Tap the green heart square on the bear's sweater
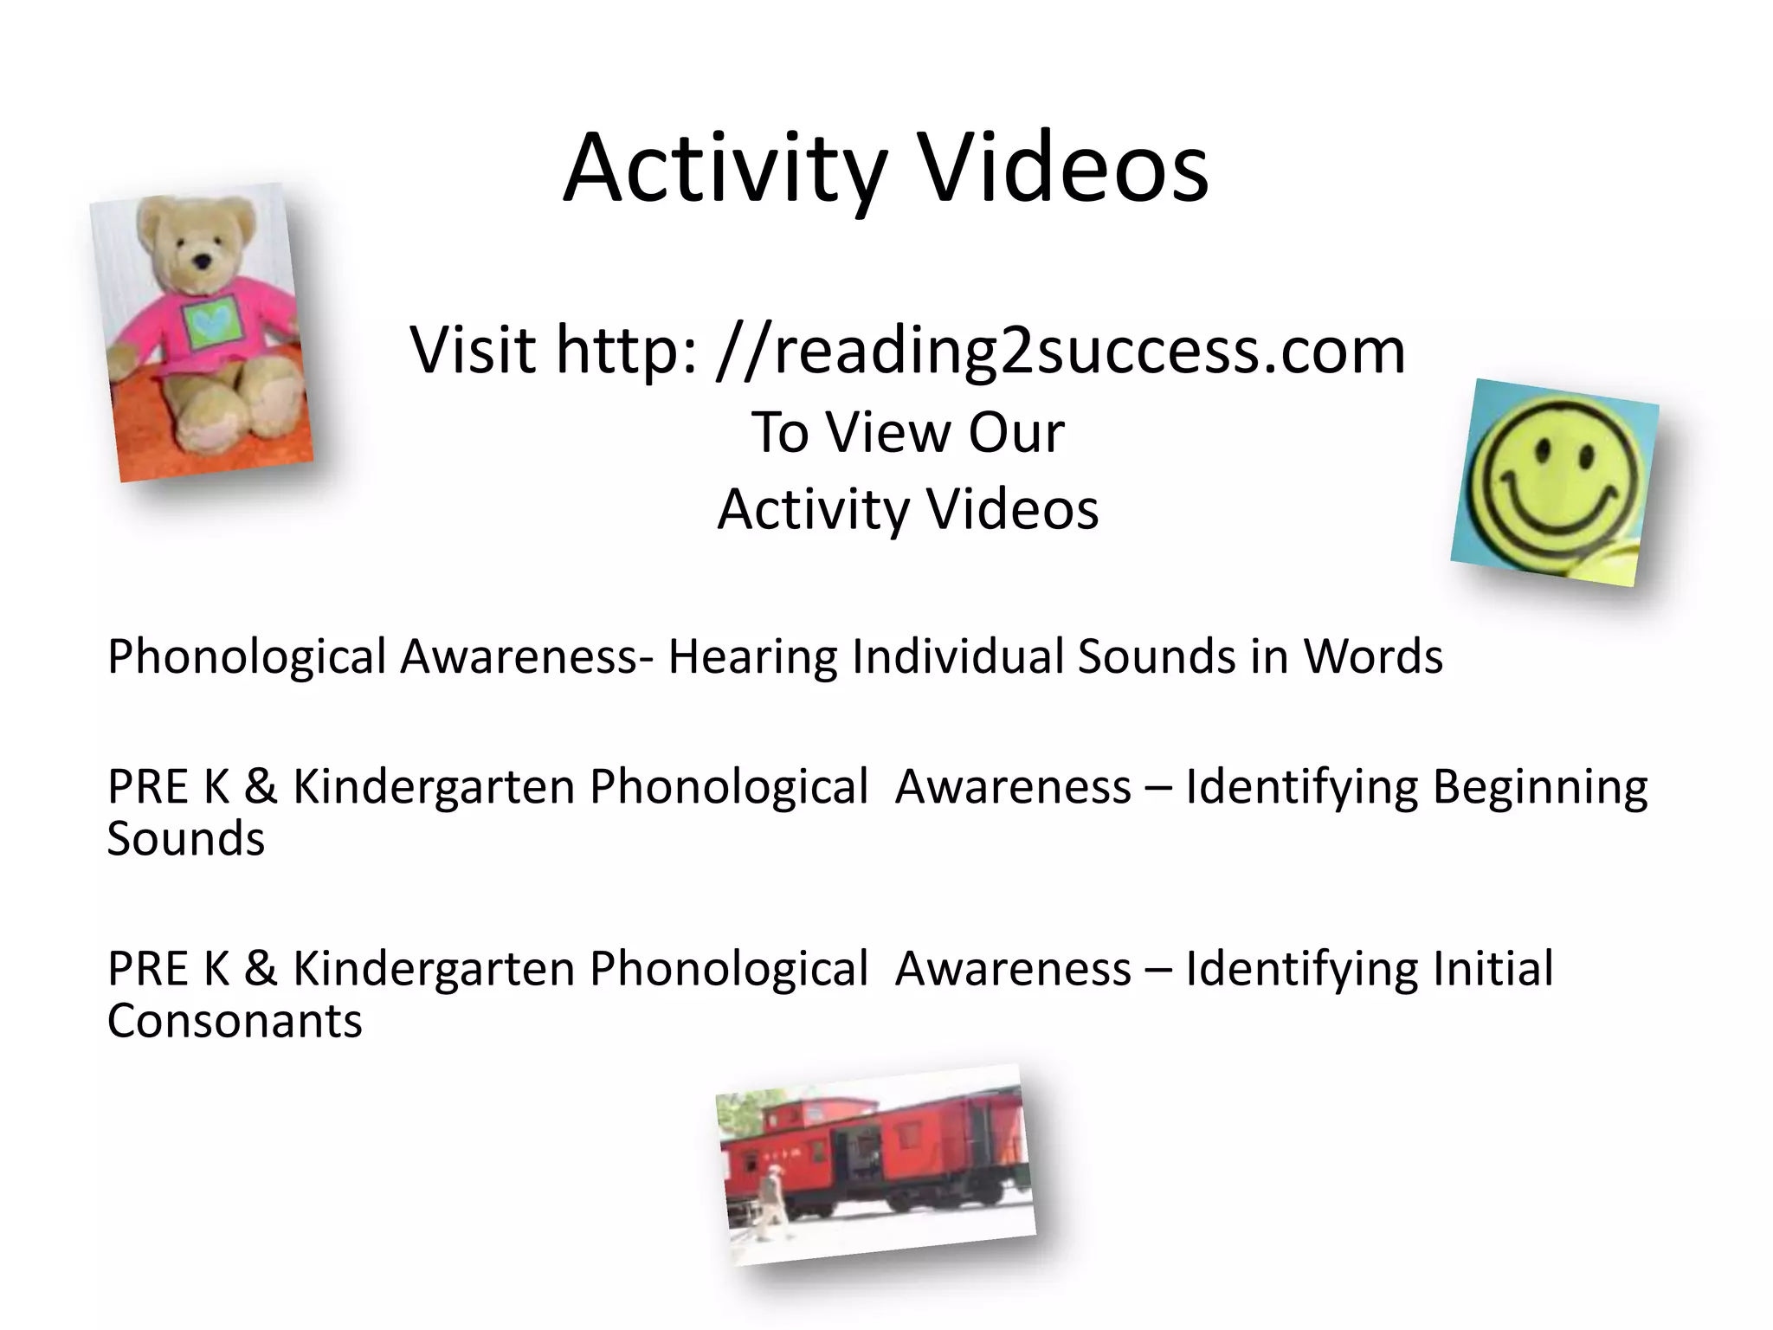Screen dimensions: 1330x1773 210,323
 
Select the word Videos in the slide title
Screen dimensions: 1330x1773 1063,169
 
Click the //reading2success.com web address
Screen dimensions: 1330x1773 1061,350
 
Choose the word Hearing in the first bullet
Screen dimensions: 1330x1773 752,656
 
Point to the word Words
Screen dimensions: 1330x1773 1373,656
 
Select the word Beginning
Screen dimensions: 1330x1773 1540,788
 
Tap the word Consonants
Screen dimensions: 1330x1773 235,1022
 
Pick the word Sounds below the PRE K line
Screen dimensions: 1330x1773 186,840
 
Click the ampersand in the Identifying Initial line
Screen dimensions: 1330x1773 261,969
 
